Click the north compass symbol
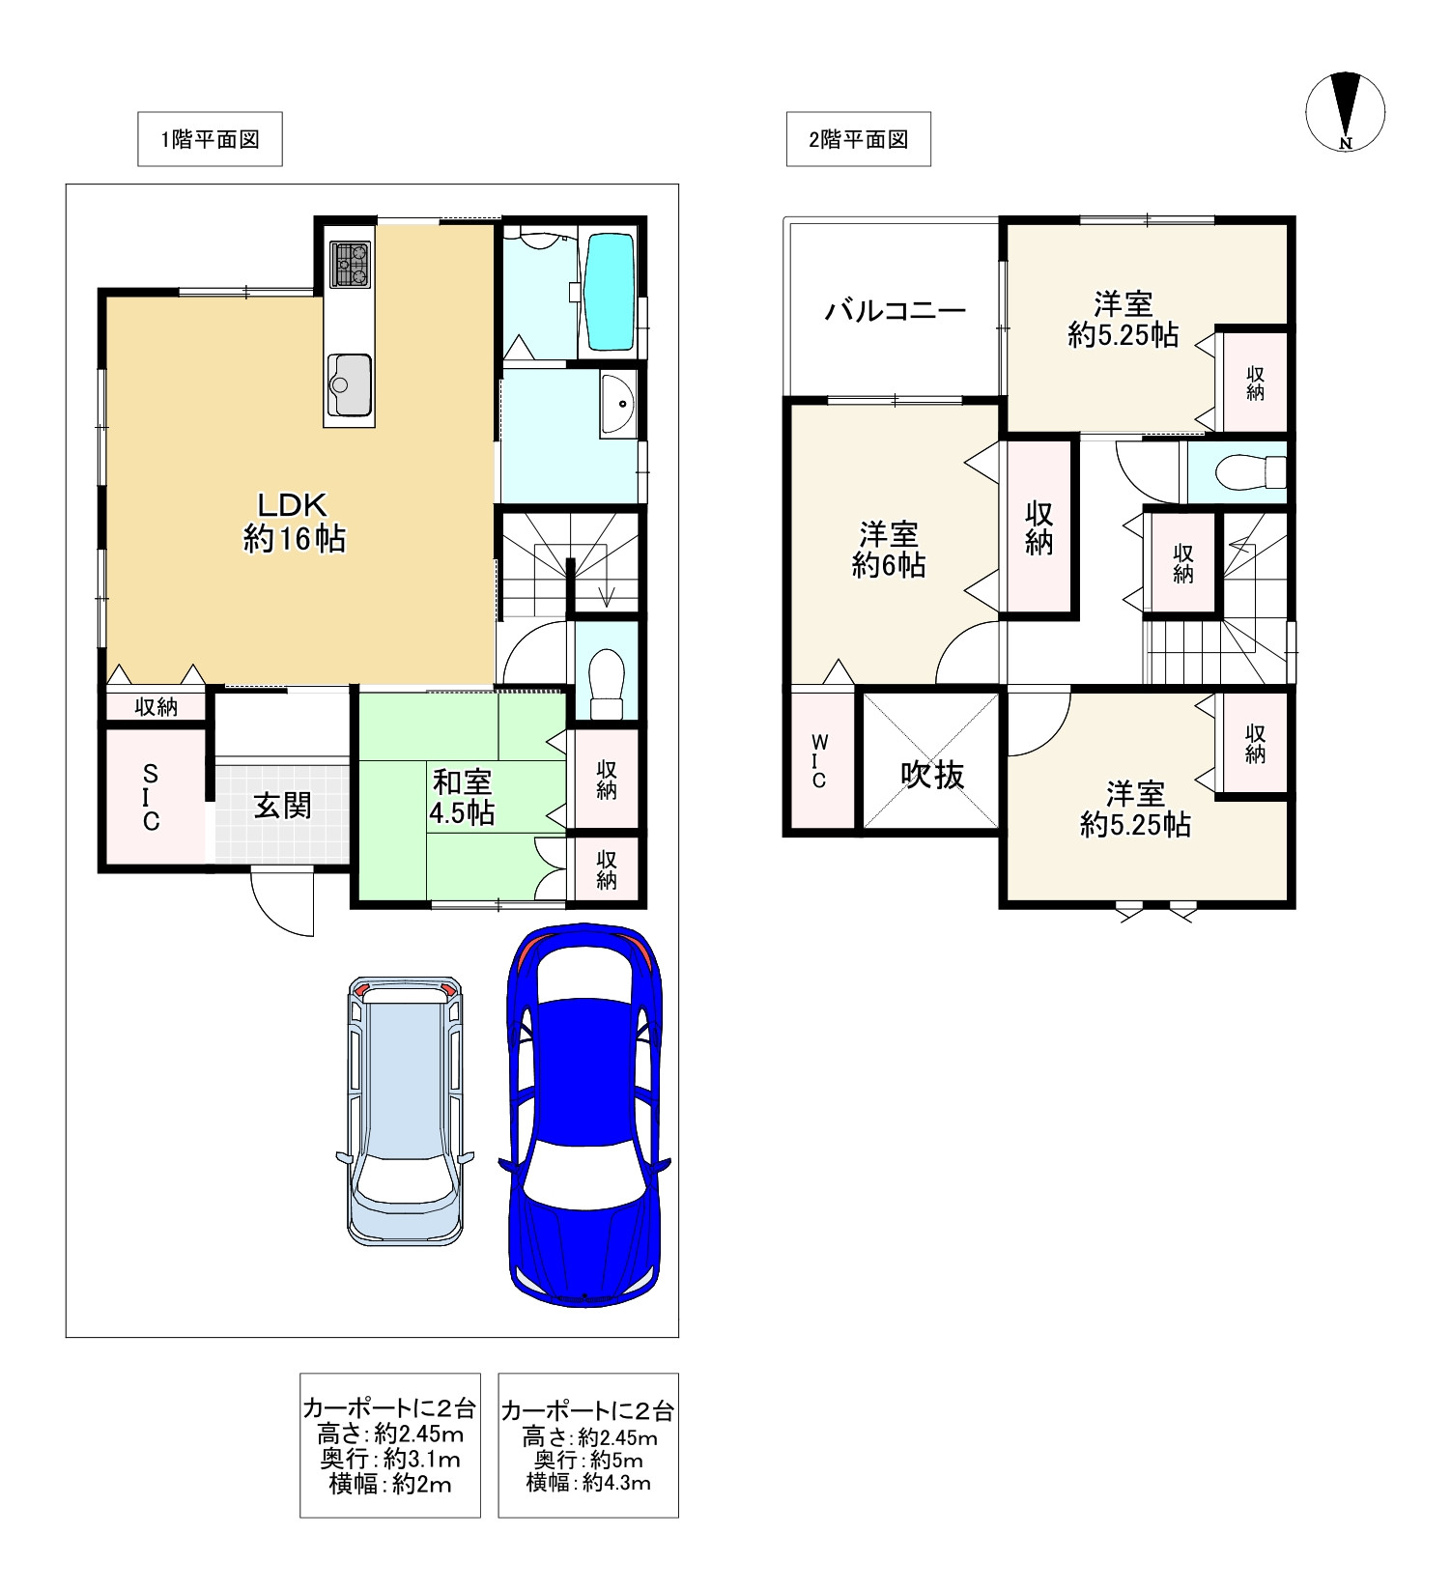click(1346, 111)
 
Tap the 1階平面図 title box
click(210, 139)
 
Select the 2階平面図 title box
click(858, 139)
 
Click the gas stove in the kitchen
click(351, 263)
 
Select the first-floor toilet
click(607, 684)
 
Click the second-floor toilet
click(1249, 472)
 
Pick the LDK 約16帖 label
click(294, 522)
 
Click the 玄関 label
click(282, 806)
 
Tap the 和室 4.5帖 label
click(462, 797)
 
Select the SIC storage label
click(151, 798)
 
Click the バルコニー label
click(895, 311)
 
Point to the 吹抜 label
click(932, 774)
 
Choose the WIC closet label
click(819, 761)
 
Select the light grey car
click(406, 1110)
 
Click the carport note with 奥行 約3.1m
click(390, 1445)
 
